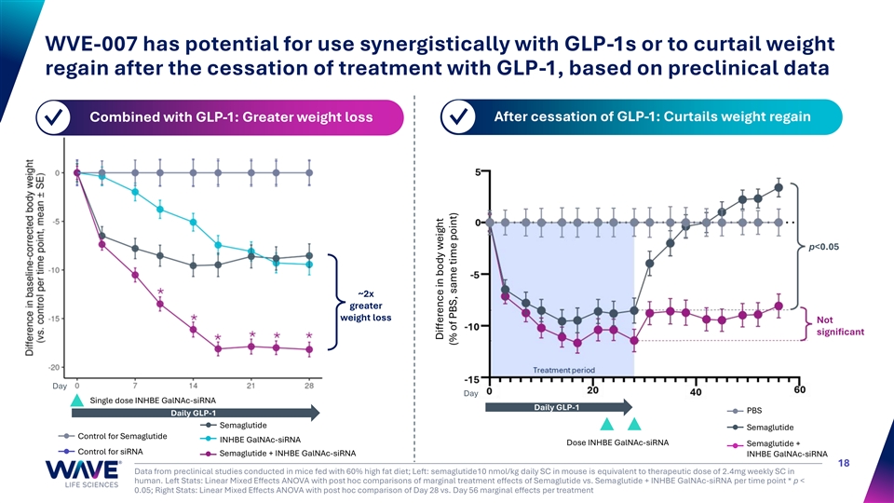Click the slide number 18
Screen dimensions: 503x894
(843, 462)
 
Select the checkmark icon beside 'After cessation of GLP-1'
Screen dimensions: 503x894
(459, 117)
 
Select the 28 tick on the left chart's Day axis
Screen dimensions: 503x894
(309, 385)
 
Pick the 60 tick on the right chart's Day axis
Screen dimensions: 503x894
(799, 390)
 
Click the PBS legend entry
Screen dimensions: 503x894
(753, 410)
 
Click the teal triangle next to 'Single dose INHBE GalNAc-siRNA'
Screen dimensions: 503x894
(79, 401)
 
